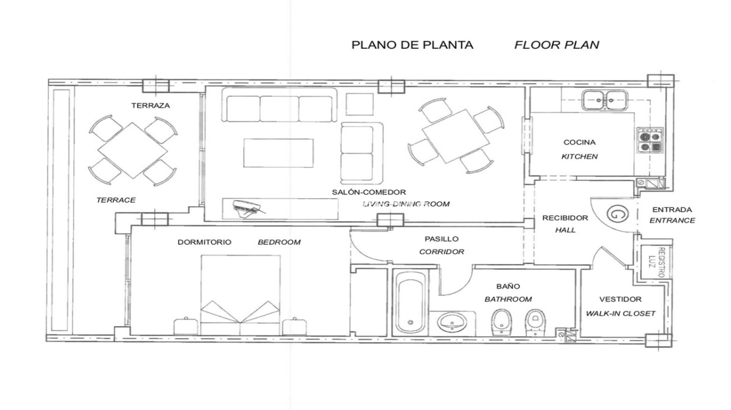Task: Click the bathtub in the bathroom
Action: coord(410,302)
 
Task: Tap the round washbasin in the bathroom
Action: coord(451,321)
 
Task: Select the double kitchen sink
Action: coord(605,100)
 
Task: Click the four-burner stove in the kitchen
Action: coord(650,140)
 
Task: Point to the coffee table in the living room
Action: coord(279,153)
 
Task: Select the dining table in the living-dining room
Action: coord(456,136)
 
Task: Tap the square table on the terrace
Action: coord(133,150)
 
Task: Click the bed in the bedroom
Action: coord(240,294)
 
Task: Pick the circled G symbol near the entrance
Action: coord(617,215)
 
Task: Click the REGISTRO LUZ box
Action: coord(656,263)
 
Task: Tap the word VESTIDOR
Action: coord(620,299)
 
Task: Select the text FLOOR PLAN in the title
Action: coord(556,45)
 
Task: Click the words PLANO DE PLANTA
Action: coord(412,45)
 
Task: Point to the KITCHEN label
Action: coord(580,157)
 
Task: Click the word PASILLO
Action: coord(441,238)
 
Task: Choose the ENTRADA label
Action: coord(672,210)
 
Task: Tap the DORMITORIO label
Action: coord(204,242)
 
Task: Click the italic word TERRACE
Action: coord(116,200)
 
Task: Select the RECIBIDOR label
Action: coord(565,218)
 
